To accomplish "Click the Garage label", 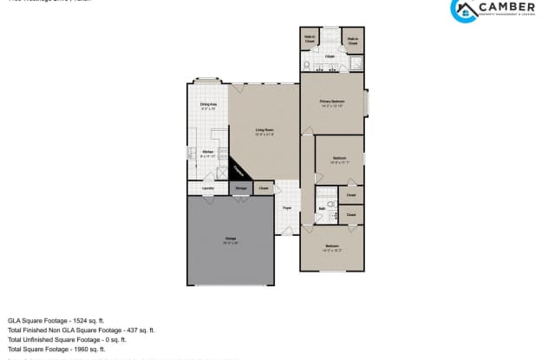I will (231, 238).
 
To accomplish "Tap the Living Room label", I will (264, 131).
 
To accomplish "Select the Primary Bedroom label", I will (332, 101).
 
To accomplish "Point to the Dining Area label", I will (208, 105).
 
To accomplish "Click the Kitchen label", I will (208, 153).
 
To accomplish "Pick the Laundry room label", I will (208, 187).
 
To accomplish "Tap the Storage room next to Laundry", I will (241, 187).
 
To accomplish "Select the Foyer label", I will (287, 208).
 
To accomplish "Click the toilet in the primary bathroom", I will (308, 65).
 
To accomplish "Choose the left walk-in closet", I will (310, 39).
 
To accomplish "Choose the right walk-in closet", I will (353, 39).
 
